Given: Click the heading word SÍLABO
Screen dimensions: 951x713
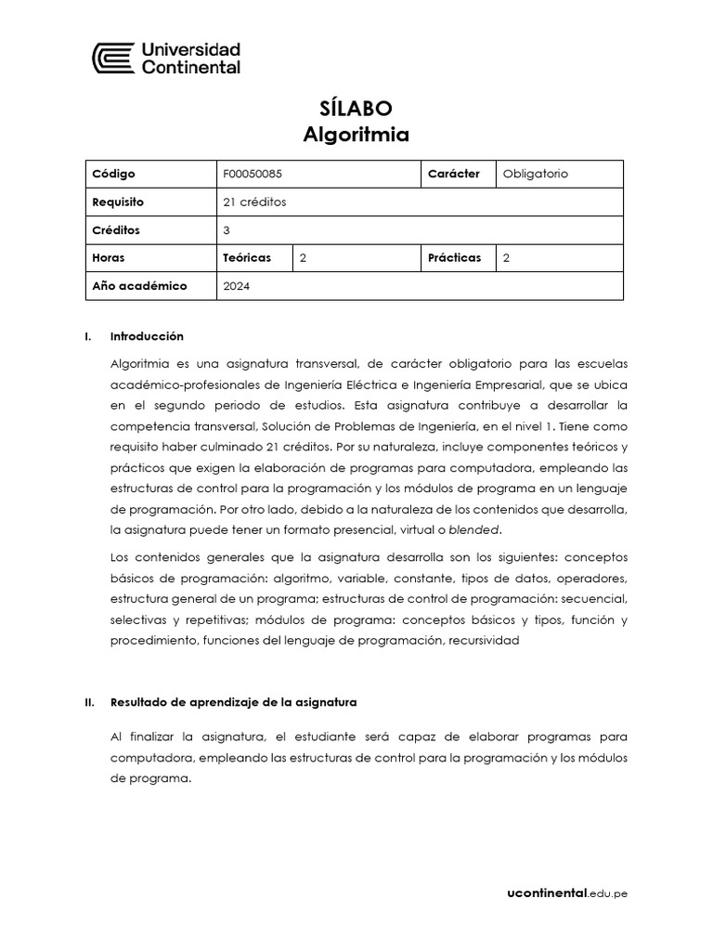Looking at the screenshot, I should pos(356,109).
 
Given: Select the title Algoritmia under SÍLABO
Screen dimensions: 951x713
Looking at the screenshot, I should pos(356,135).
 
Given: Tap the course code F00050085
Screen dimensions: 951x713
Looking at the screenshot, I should pos(254,174).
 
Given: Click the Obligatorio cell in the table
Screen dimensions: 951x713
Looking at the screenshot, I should pos(535,174).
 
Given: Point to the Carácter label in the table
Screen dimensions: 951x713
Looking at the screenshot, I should pos(453,174).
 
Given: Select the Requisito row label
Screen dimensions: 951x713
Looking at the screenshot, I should pos(118,202).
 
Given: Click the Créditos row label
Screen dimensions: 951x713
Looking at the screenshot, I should pos(116,229).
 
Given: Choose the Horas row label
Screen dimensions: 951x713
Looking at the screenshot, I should pos(109,257).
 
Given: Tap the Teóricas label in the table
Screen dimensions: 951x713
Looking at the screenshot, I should pos(245,257).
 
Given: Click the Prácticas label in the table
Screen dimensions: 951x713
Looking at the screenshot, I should pos(454,257).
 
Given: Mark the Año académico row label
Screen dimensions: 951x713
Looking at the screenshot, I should pos(139,286).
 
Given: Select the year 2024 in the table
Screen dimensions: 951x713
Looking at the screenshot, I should pos(237,286).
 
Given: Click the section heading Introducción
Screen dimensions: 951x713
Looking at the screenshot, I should pos(147,336).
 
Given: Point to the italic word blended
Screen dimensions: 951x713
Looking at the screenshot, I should pos(473,530).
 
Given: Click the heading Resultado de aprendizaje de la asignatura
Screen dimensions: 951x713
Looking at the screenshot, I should pos(233,702).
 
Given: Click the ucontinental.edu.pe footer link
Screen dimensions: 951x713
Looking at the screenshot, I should pos(567,893).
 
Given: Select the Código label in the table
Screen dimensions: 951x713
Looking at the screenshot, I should pos(114,174).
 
